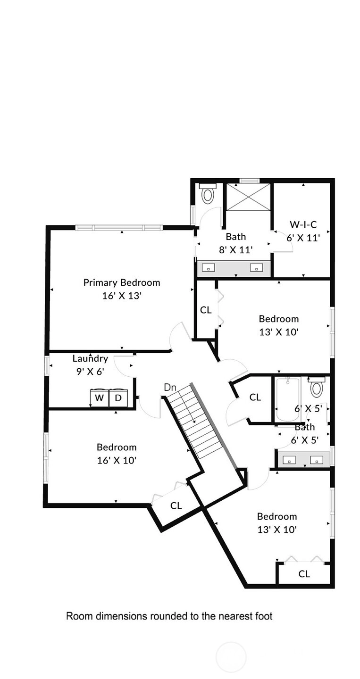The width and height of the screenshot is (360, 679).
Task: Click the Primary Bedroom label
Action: tap(122, 282)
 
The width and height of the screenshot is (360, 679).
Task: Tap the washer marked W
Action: tap(100, 397)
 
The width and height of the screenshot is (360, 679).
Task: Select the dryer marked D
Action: tap(118, 397)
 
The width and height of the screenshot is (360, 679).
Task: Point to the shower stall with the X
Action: tap(248, 197)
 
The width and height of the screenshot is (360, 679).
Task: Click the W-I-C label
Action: tap(303, 224)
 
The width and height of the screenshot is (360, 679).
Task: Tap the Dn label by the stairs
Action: tap(170, 387)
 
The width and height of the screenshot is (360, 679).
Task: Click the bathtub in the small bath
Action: tap(288, 399)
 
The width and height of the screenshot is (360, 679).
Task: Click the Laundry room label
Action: tap(90, 358)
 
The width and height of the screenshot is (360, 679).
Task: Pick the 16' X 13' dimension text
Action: tap(122, 296)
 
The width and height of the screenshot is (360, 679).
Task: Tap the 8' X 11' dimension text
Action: tap(236, 250)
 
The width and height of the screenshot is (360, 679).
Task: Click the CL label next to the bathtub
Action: tap(255, 397)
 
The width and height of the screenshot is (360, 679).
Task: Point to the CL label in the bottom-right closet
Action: tap(304, 574)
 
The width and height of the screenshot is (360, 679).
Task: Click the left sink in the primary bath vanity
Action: tap(209, 268)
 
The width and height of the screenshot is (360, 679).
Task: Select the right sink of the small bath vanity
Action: tap(317, 460)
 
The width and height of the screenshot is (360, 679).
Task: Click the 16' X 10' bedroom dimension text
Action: tap(117, 460)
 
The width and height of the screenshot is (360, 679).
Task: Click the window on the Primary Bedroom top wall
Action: tap(119, 228)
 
